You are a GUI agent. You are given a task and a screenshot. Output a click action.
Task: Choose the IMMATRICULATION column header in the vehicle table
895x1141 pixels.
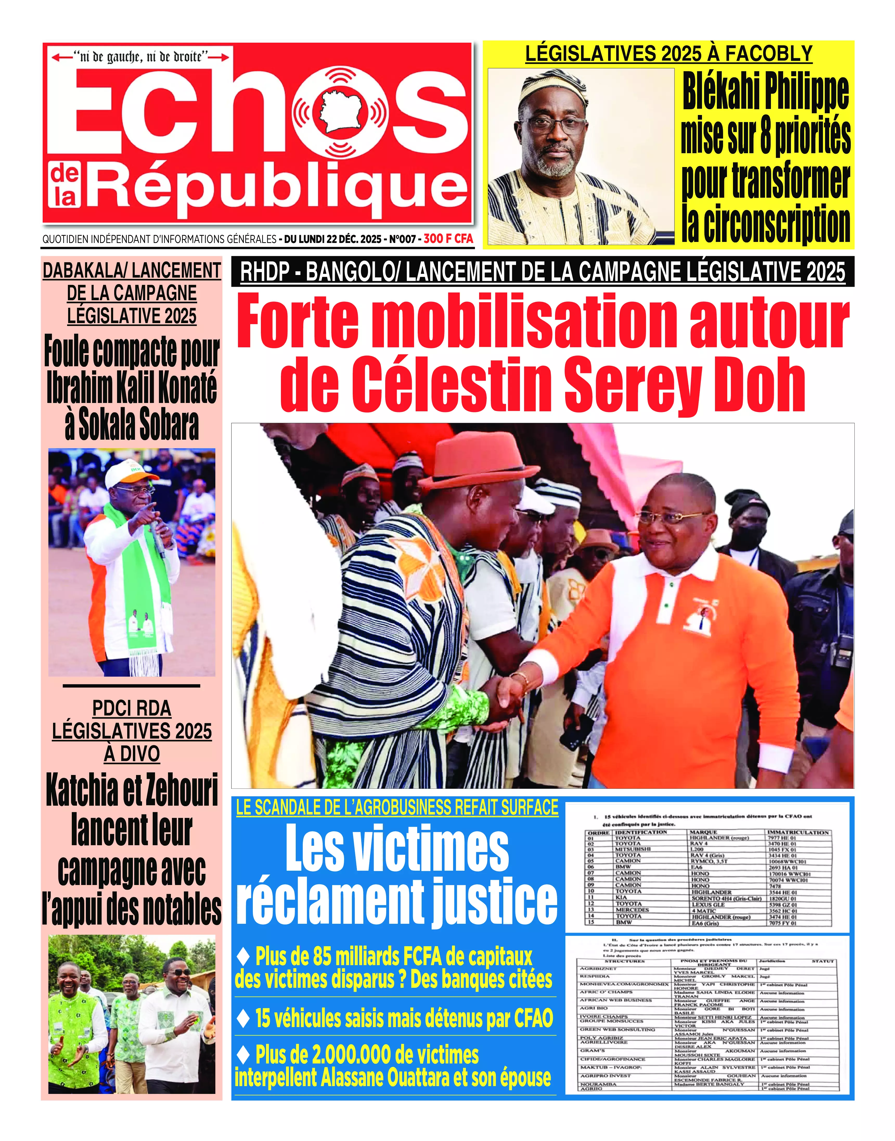[x=797, y=832]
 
